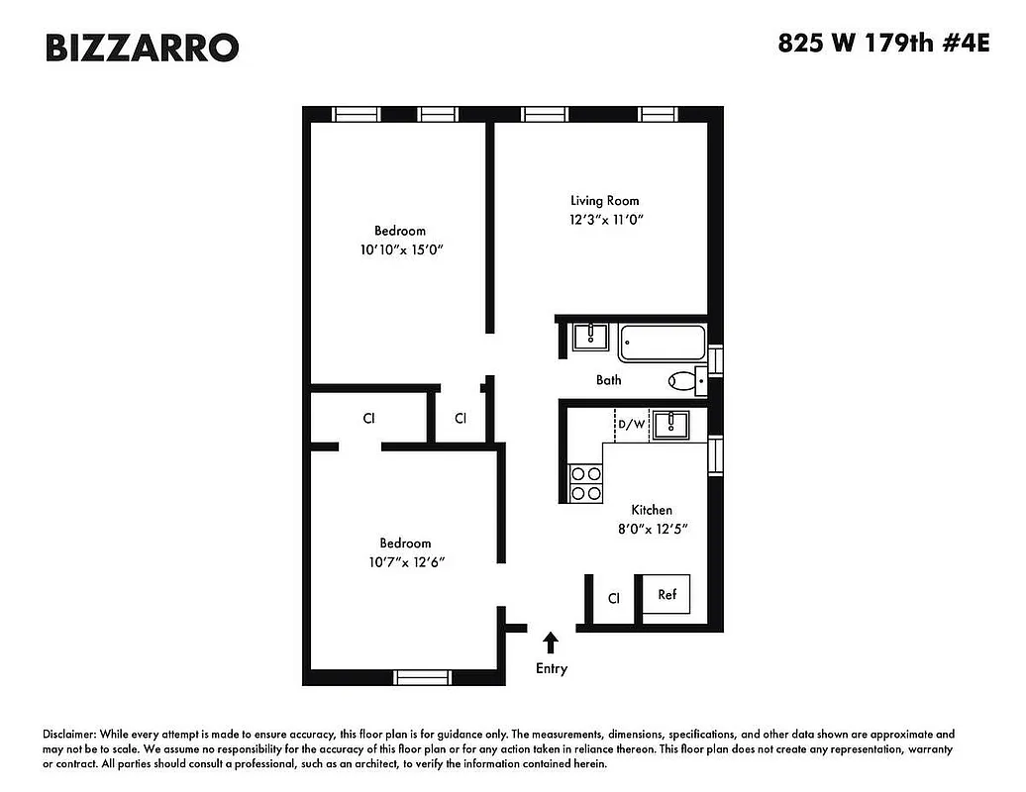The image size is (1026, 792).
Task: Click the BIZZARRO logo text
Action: click(x=142, y=47)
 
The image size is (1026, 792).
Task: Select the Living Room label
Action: click(x=604, y=201)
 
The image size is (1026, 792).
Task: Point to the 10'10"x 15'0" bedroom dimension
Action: click(x=400, y=250)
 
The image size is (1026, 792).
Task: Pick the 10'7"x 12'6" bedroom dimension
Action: click(x=405, y=562)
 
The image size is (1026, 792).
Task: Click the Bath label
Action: click(x=608, y=379)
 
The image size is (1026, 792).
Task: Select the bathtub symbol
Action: click(x=663, y=343)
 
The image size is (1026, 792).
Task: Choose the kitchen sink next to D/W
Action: click(x=676, y=424)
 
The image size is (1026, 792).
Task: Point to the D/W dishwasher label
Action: click(x=631, y=425)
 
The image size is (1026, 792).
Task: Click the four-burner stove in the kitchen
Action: click(x=585, y=483)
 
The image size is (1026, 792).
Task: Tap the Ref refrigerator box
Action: click(x=667, y=595)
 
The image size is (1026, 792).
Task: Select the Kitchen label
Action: click(x=652, y=510)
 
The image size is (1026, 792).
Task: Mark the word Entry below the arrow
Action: click(x=552, y=668)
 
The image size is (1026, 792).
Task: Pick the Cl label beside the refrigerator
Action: click(x=613, y=598)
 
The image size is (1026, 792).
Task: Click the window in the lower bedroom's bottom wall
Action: click(x=423, y=677)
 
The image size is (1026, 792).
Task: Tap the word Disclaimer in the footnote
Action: click(x=69, y=735)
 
